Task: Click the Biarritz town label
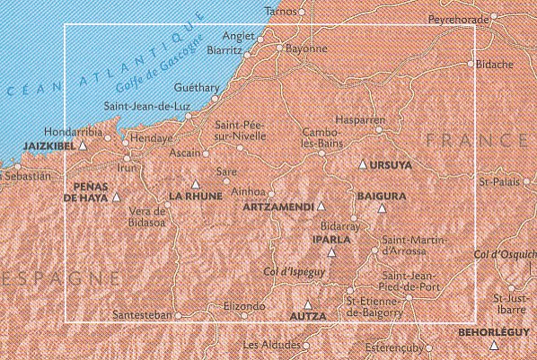pyautogui.click(x=224, y=51)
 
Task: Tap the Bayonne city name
pyautogui.click(x=305, y=49)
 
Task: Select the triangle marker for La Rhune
pyautogui.click(x=195, y=184)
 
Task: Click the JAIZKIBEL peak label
pyautogui.click(x=43, y=144)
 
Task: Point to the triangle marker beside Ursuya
pyautogui.click(x=363, y=165)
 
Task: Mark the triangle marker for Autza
pyautogui.click(x=308, y=303)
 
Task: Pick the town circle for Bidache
pyautogui.click(x=471, y=64)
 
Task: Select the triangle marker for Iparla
pyautogui.click(x=331, y=252)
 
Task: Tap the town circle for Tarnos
pyautogui.click(x=303, y=13)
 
